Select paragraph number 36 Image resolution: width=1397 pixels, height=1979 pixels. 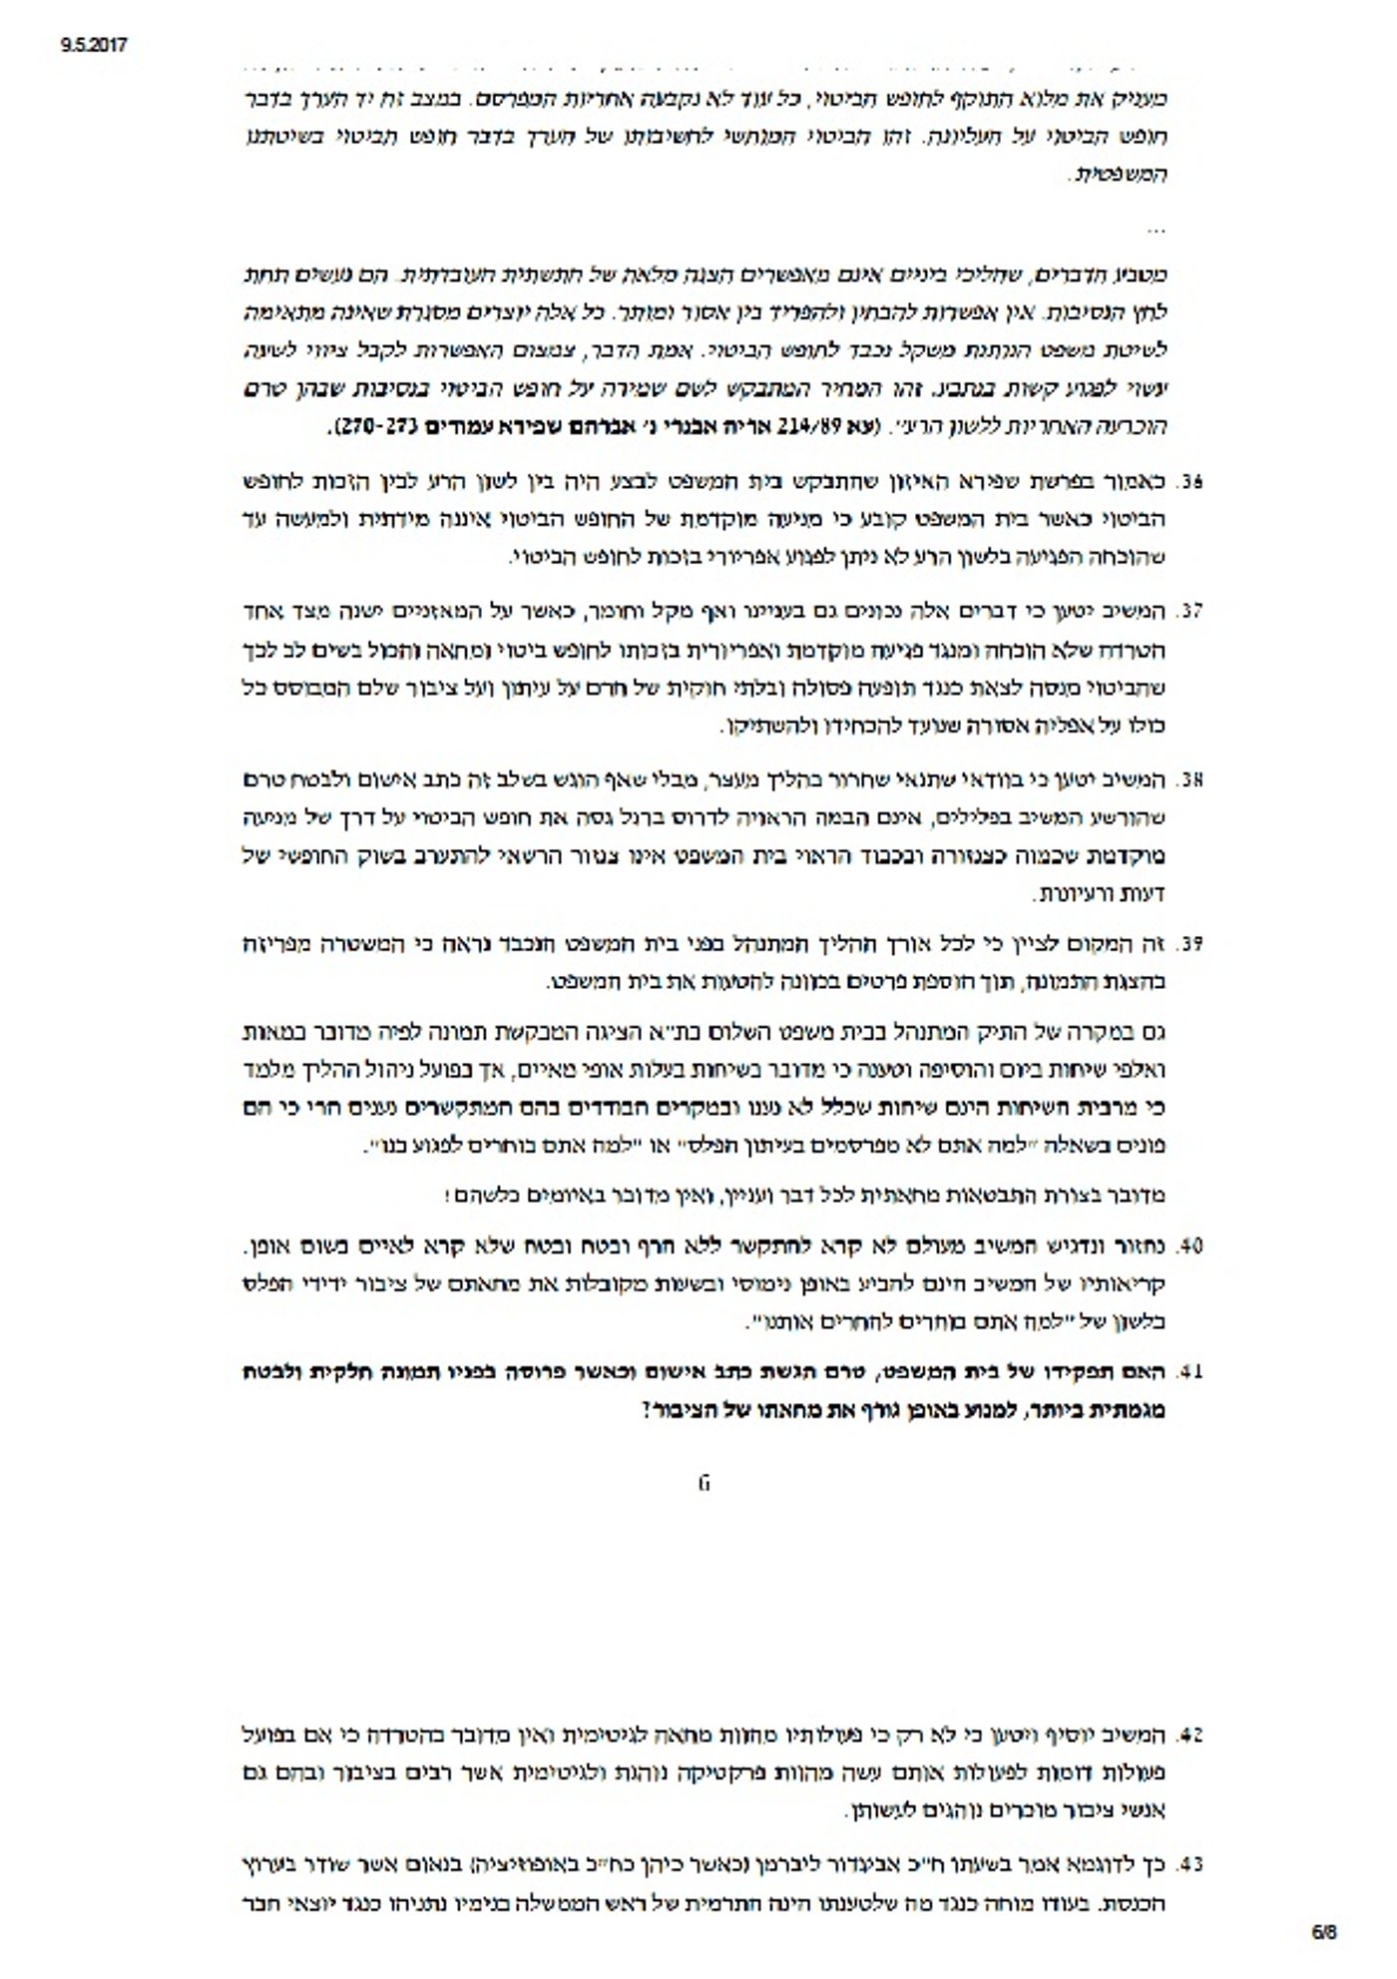point(1190,482)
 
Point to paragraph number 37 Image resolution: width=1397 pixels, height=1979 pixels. point(1190,609)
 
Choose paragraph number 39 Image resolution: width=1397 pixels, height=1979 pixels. point(1190,944)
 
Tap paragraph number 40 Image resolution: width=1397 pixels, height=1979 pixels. point(1190,1246)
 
